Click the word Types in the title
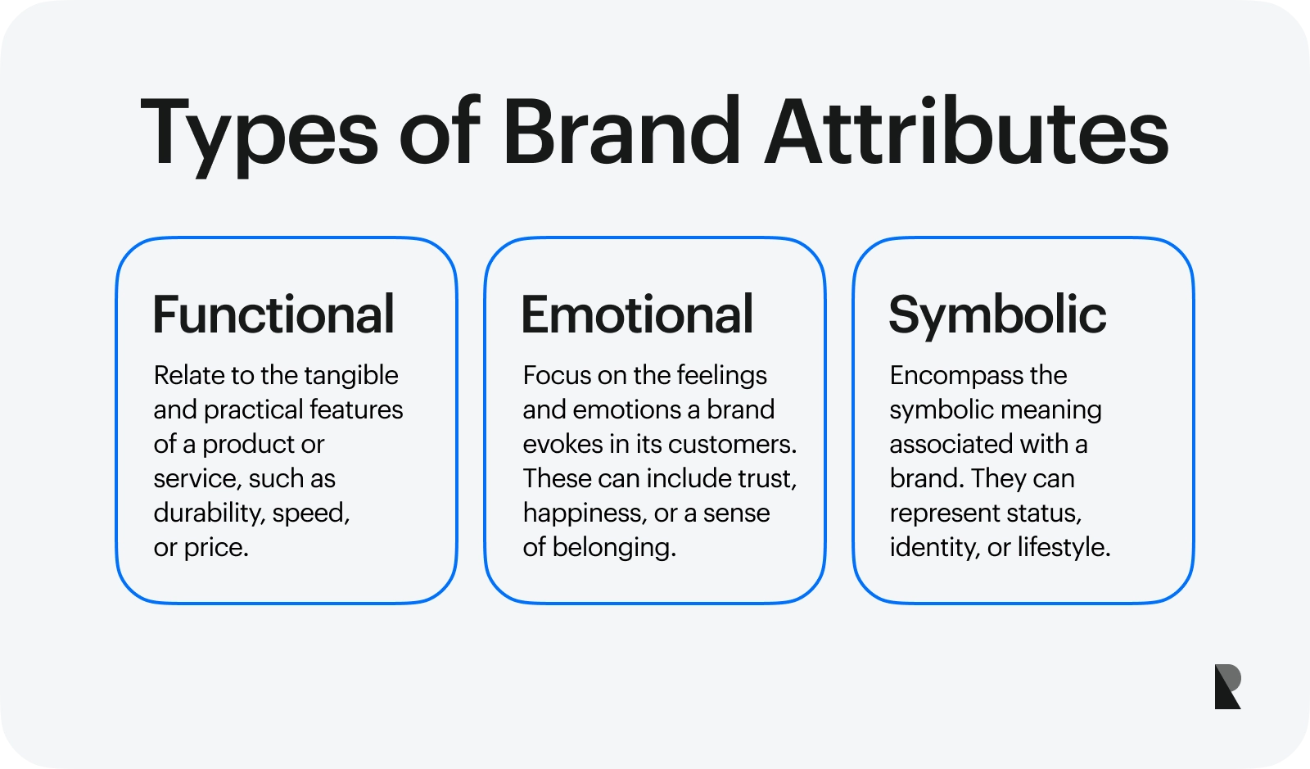pyautogui.click(x=259, y=133)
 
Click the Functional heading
pyautogui.click(x=273, y=314)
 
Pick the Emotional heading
pyautogui.click(x=637, y=314)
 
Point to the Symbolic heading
pyautogui.click(x=997, y=314)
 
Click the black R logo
pyautogui.click(x=1227, y=686)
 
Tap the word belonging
pyautogui.click(x=613, y=548)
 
